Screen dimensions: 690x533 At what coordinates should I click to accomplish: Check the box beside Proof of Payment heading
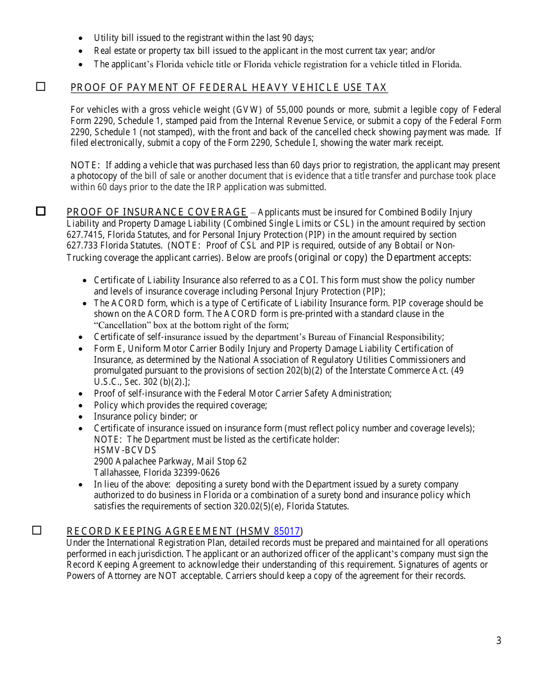tap(41, 86)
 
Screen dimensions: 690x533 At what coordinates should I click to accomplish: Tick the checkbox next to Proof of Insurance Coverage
tap(41, 211)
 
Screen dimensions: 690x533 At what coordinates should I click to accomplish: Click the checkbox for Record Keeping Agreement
tap(37, 530)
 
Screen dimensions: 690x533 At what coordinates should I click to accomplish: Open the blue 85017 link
tap(287, 531)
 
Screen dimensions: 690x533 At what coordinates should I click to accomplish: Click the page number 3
tap(499, 641)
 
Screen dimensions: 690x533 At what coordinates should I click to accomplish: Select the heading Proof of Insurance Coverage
tap(157, 212)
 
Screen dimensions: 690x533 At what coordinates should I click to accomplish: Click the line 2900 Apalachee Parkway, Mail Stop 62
tap(170, 461)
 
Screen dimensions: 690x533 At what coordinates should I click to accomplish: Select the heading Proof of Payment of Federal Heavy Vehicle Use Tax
tap(228, 88)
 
